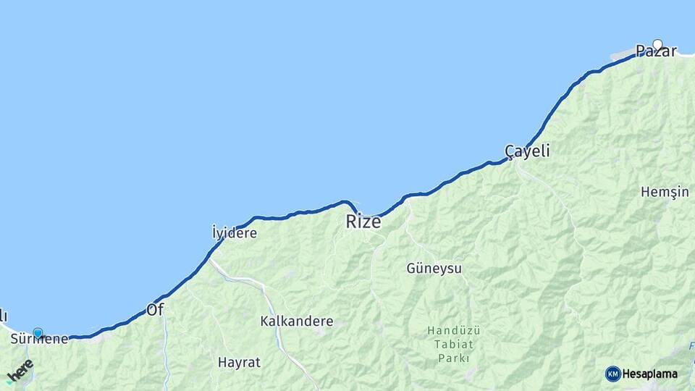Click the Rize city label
pos(363,222)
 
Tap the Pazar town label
pos(655,51)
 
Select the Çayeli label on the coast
pos(527,151)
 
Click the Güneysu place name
pos(434,269)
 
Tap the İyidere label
pos(234,233)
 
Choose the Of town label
pos(155,310)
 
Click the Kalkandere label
pos(297,321)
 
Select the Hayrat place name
pos(239,362)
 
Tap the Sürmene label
pos(39,339)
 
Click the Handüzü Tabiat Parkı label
pos(454,344)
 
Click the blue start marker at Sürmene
pos(38,333)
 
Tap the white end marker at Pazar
pos(657,44)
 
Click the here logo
pos(20,371)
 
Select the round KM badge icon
pos(612,374)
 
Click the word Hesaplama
pos(649,374)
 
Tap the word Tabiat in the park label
pos(454,344)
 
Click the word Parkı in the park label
pos(454,358)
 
